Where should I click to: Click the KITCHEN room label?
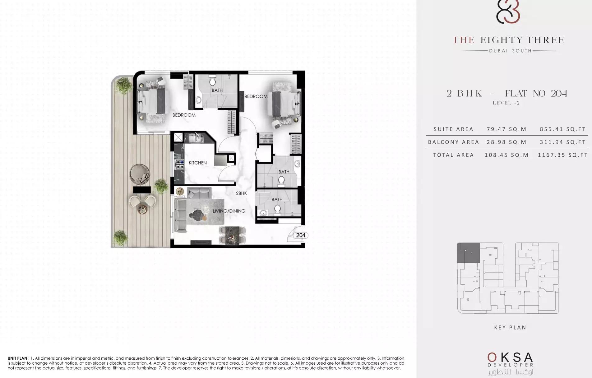(x=197, y=163)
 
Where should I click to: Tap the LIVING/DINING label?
(x=229, y=211)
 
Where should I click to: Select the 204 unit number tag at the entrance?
(x=301, y=235)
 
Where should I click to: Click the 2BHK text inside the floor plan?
(x=241, y=193)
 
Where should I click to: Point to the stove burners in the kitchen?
(x=180, y=164)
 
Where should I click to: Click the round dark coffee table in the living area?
(x=197, y=214)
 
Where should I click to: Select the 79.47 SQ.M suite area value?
(x=506, y=129)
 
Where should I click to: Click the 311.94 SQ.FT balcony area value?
(x=563, y=142)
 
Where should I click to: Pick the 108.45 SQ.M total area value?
(x=506, y=155)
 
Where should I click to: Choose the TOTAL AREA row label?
(x=453, y=155)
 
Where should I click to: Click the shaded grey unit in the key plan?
(x=468, y=253)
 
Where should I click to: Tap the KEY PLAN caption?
(x=510, y=327)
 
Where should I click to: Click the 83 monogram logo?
(x=508, y=12)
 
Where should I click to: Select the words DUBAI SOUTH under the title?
(x=510, y=51)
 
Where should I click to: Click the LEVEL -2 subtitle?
(x=506, y=103)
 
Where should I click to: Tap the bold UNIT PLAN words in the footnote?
(x=17, y=358)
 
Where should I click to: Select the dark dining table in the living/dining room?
(x=232, y=235)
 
